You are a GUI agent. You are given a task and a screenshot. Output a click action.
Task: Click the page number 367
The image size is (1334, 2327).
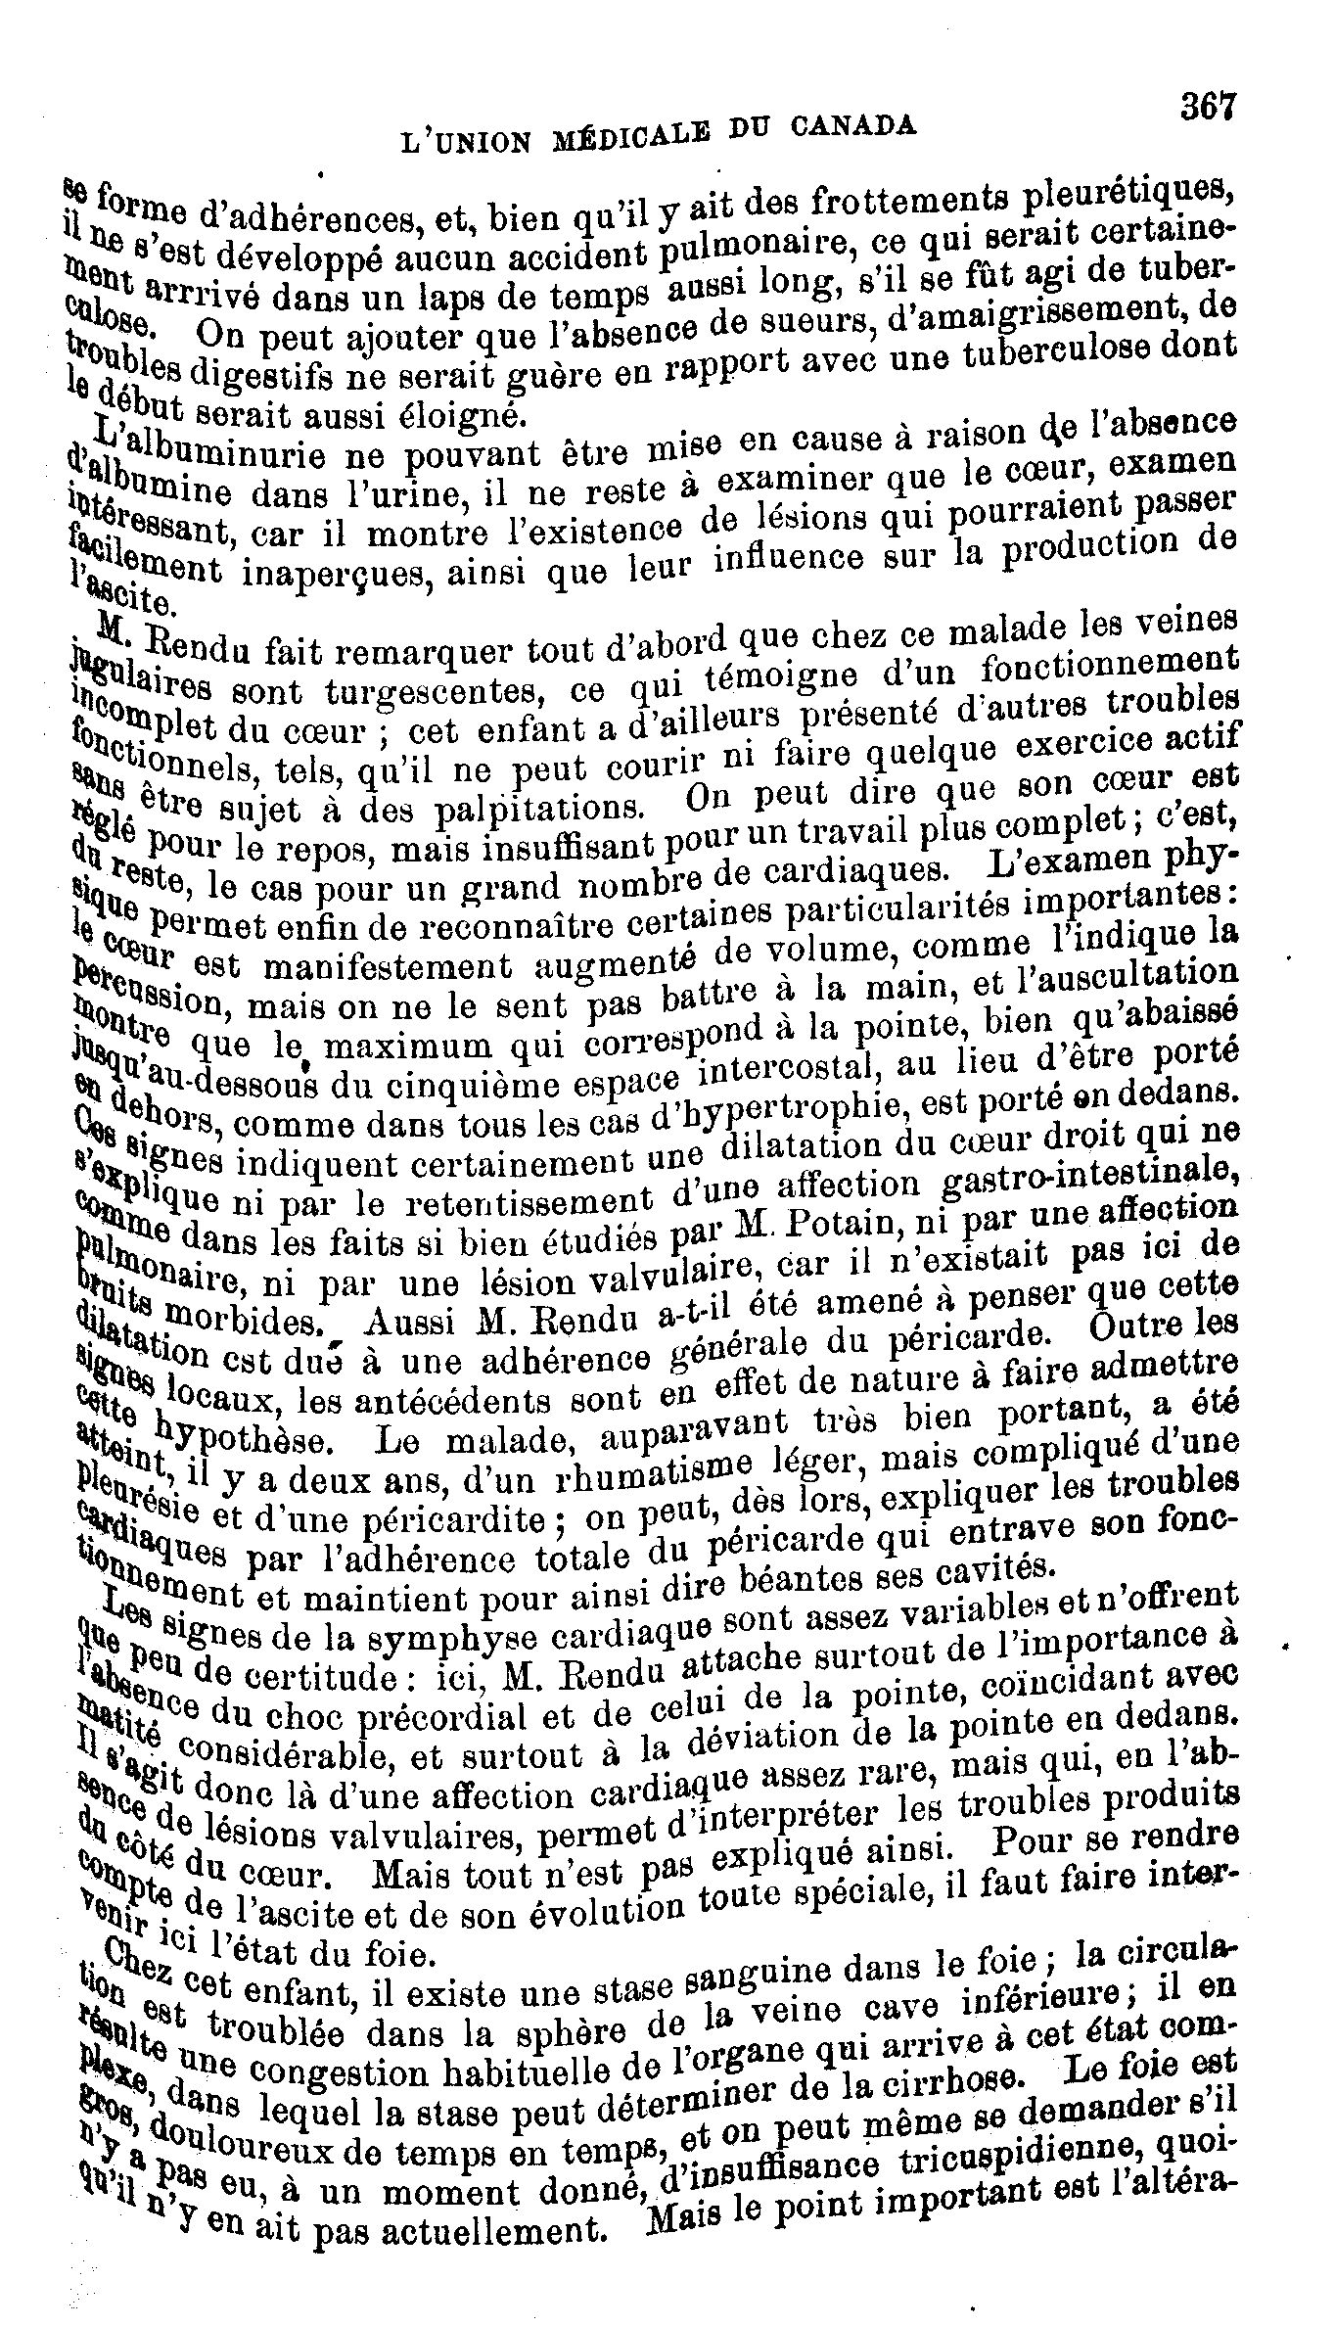click(1209, 105)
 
